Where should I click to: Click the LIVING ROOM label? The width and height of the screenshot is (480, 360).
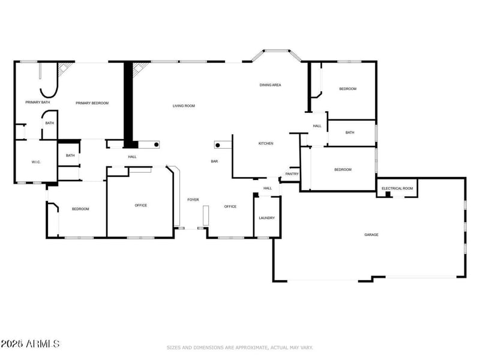click(184, 106)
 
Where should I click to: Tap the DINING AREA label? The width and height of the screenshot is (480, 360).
click(270, 85)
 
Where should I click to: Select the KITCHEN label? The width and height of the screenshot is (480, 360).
click(266, 143)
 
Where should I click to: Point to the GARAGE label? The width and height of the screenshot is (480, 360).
click(371, 235)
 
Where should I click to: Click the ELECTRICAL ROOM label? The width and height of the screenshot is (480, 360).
click(397, 188)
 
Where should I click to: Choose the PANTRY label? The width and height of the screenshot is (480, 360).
click(292, 174)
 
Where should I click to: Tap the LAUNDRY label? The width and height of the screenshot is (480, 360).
click(266, 218)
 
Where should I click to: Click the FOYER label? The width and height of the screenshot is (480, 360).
click(193, 199)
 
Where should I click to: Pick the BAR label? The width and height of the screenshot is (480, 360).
click(214, 161)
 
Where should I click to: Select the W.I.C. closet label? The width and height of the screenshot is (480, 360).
click(35, 163)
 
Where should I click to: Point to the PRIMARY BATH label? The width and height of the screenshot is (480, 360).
click(37, 103)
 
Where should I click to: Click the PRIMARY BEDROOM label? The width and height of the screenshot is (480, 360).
click(92, 103)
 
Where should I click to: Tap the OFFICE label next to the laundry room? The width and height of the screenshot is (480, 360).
click(230, 206)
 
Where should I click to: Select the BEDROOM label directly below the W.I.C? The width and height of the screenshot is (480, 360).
click(80, 209)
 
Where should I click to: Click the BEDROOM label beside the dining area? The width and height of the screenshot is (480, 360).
click(347, 89)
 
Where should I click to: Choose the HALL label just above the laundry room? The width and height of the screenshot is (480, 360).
click(268, 188)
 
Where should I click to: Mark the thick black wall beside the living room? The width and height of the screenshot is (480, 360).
click(127, 102)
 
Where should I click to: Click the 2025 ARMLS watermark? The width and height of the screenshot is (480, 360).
click(30, 344)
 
